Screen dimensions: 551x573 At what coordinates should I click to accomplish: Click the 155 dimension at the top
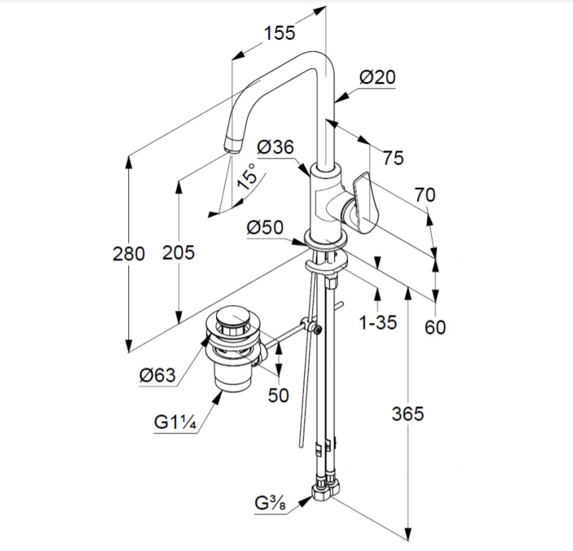[x=280, y=33]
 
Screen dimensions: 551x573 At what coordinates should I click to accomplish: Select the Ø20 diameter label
[x=377, y=77]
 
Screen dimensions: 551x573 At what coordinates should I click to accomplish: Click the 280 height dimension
[x=128, y=252]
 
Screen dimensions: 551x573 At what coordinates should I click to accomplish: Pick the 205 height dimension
[x=178, y=252]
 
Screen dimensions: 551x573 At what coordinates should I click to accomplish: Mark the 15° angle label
[x=247, y=175]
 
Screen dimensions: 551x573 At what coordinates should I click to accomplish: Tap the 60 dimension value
[x=435, y=326]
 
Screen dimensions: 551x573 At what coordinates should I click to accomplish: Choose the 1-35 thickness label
[x=378, y=322]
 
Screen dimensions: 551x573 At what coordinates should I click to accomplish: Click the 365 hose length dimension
[x=408, y=413]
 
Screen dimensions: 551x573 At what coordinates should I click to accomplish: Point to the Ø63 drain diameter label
[x=157, y=376]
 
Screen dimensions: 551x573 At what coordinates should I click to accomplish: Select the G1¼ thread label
[x=175, y=422]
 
